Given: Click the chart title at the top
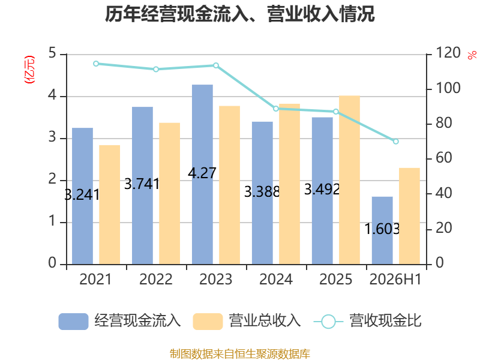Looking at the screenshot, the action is pos(239,14).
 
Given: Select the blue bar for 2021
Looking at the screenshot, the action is pos(82,196).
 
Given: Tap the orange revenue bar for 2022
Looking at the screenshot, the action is pos(170,193).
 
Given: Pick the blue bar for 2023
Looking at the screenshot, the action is pos(202,174).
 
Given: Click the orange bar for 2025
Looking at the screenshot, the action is pos(350,180).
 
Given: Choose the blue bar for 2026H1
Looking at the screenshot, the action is pos(382,230).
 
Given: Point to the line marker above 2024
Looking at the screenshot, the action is pos(276,109).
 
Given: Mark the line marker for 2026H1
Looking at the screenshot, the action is pos(396,142).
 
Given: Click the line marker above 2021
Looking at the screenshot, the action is pos(96,64).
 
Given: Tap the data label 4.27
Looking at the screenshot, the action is pos(202,173).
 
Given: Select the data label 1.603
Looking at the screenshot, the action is pos(382,229).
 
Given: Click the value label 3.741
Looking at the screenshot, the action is pos(142,184).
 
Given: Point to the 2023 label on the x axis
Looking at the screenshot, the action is pos(216,279).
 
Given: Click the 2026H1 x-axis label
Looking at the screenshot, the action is pos(395,279).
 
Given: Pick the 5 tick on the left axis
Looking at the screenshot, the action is pos(52,53).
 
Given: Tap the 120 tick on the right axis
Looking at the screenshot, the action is pos(448,53).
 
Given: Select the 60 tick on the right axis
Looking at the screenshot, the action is pos(443,158).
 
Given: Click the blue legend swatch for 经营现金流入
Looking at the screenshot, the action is pos(73,322).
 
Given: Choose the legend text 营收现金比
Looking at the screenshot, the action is pos(386,320).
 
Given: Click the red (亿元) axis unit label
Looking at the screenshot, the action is pos(29,70).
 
